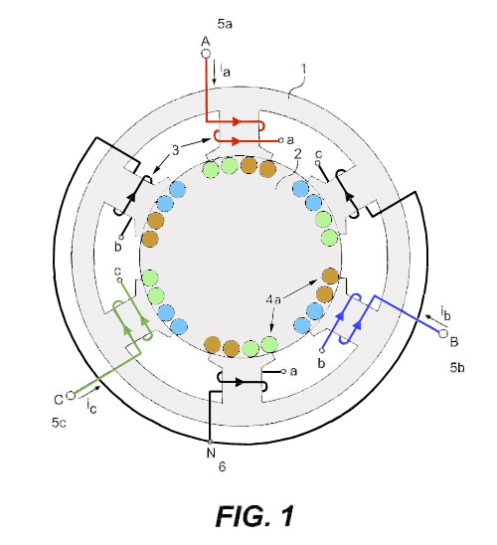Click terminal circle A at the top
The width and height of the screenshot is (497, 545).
pos(206,54)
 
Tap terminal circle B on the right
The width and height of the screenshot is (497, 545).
pos(442,334)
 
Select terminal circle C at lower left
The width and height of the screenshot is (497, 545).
pos(71,396)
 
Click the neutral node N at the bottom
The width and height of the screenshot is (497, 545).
pos(210,442)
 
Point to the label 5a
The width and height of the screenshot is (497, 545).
pos(225,24)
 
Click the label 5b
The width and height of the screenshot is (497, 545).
pos(457,367)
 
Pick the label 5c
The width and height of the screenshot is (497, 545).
pos(59,423)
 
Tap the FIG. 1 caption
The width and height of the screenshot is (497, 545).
pos(254,516)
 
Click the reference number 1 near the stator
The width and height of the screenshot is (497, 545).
pos(303,70)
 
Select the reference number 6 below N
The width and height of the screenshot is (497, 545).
pos(222,466)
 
